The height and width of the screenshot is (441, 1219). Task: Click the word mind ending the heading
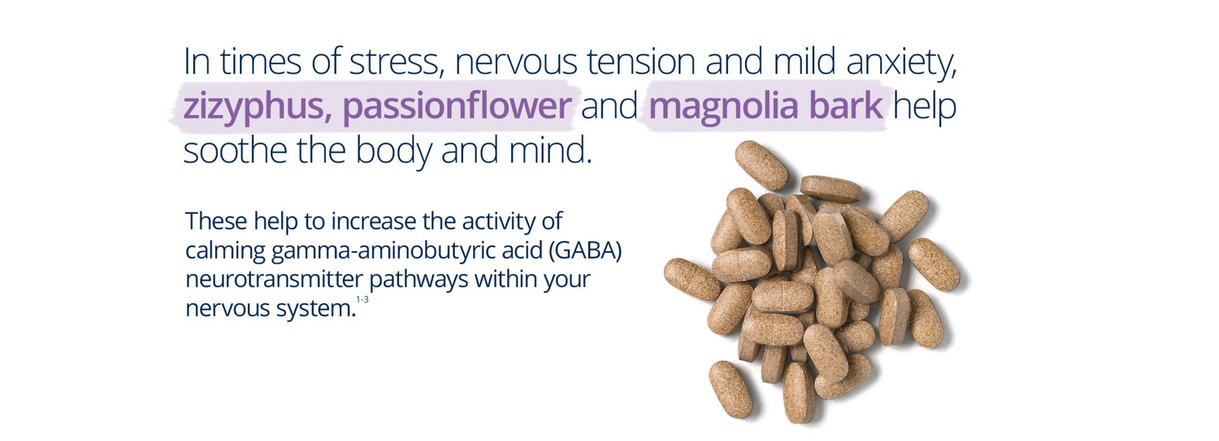(552, 152)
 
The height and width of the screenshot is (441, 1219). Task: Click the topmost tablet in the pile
(761, 164)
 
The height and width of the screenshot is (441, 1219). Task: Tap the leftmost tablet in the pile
(692, 278)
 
